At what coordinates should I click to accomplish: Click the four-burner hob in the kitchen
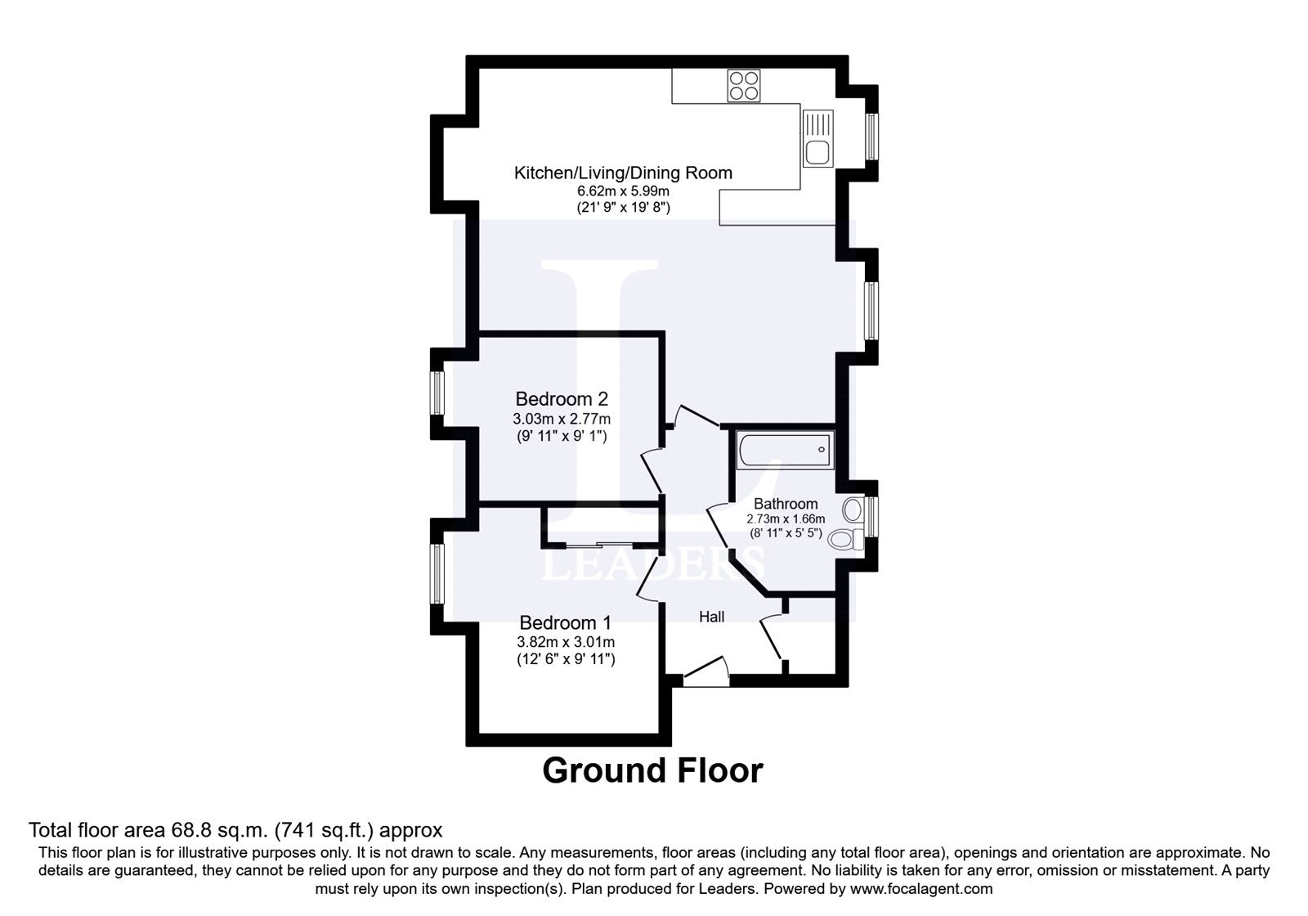coord(743,86)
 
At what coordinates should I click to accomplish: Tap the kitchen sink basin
coord(817,152)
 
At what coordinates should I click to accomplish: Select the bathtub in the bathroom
coord(785,450)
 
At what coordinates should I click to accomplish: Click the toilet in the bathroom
coord(846,539)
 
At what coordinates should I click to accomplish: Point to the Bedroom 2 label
coord(561,399)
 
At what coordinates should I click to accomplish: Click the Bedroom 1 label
coord(565,622)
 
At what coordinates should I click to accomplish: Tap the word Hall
coord(711,617)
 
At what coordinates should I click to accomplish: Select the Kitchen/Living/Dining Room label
coord(623,173)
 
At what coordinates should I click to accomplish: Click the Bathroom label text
coord(786,504)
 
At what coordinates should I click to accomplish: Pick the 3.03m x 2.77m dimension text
coord(562,418)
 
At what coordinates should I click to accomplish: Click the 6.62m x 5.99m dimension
coord(623,191)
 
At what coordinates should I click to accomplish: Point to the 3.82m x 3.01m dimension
coord(566,642)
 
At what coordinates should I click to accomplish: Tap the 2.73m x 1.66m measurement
coord(786,519)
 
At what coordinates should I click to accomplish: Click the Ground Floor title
coord(653,770)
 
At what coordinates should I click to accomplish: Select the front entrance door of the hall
coord(706,671)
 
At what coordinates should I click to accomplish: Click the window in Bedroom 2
coord(437,393)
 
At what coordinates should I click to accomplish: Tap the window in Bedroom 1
coord(437,573)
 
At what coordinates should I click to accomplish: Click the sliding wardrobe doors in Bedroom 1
coord(598,546)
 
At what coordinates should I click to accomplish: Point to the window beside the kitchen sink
coord(871,136)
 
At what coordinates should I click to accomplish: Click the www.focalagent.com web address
coord(921,889)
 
